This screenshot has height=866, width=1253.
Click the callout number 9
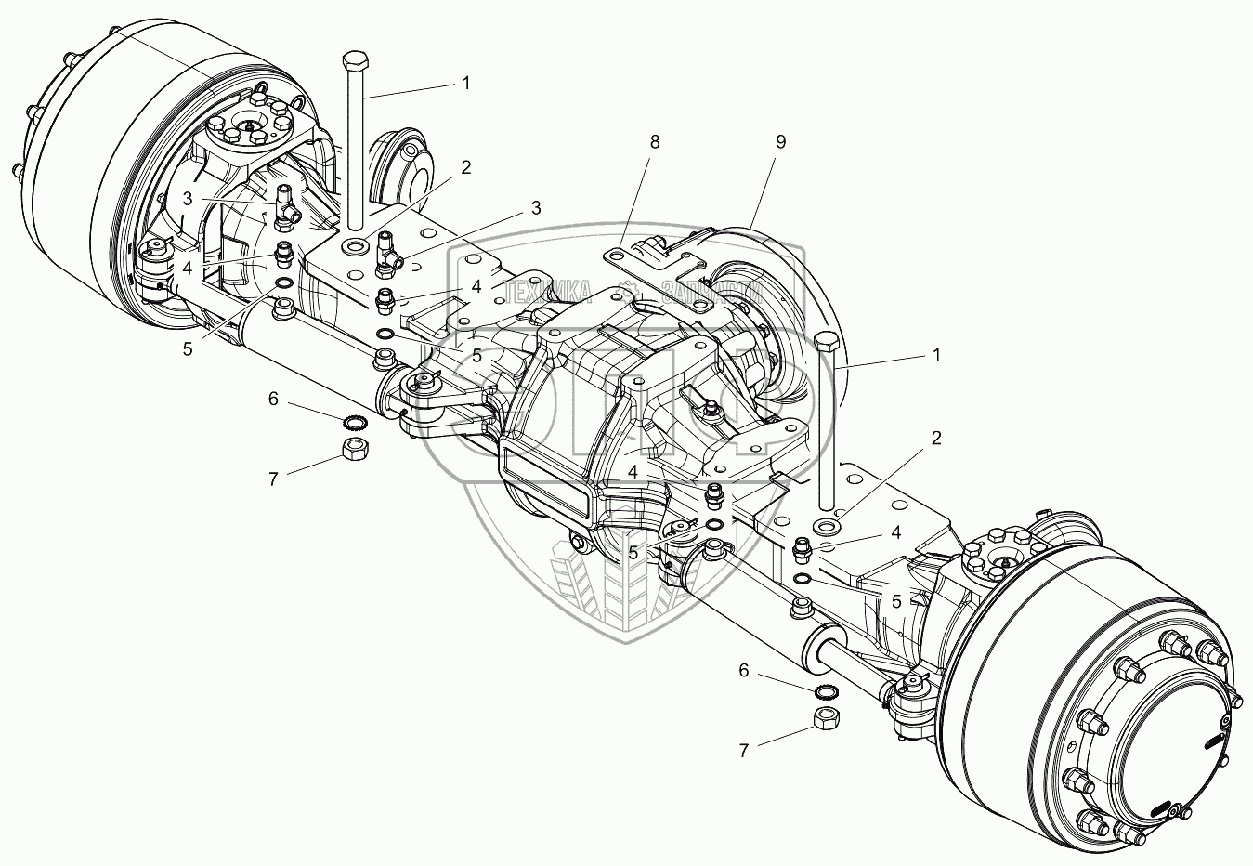pyautogui.click(x=779, y=141)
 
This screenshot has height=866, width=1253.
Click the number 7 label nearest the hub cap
pyautogui.click(x=744, y=750)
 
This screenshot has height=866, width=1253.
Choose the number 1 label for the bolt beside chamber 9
pyautogui.click(x=936, y=354)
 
